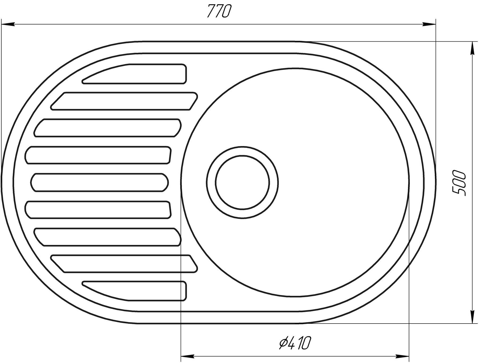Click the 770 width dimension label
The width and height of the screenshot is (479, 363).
pos(218,11)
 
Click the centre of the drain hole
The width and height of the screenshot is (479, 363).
pos(242,183)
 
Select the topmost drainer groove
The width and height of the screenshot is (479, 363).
pos(134,74)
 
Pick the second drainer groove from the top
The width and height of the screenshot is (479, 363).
pos(124,101)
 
